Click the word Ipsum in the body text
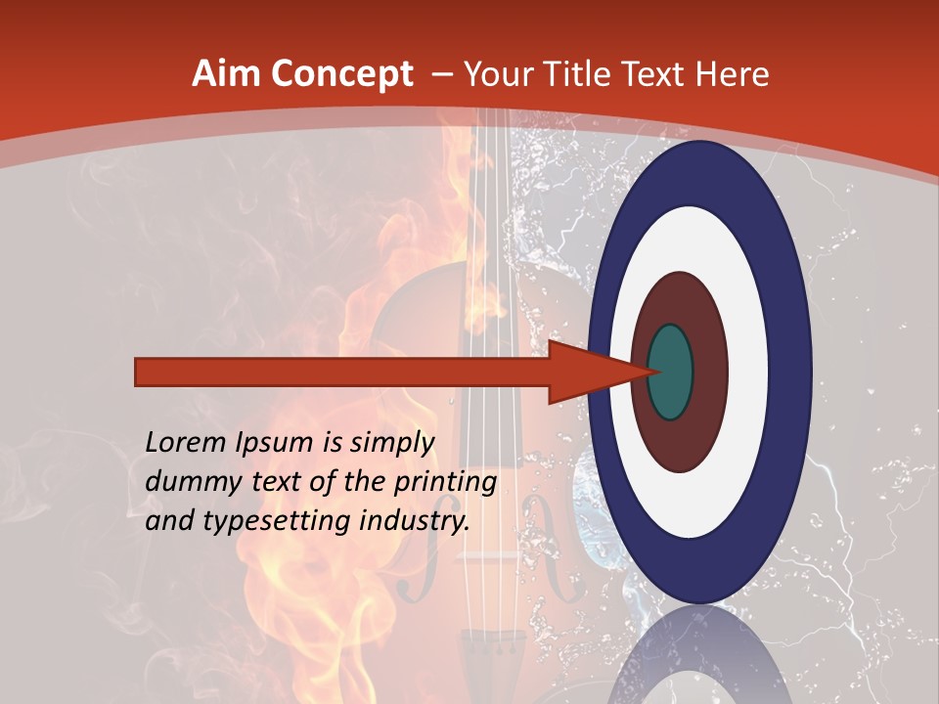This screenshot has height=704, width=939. [281, 443]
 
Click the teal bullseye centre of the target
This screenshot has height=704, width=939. [670, 372]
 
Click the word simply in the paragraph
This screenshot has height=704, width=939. [394, 443]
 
